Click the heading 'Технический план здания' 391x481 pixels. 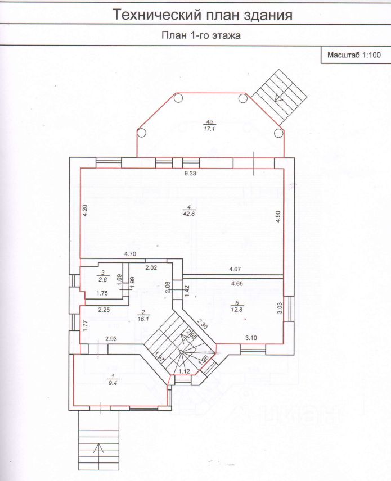click(x=203, y=15)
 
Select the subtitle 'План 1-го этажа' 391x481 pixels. click(x=201, y=35)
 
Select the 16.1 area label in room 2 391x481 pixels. click(x=143, y=319)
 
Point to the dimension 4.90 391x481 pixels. click(x=277, y=217)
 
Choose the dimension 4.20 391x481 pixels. click(x=85, y=211)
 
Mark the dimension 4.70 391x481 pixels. click(x=131, y=254)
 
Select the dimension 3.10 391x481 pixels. click(x=251, y=337)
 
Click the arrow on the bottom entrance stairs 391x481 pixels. click(x=99, y=448)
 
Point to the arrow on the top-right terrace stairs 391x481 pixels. click(x=278, y=96)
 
